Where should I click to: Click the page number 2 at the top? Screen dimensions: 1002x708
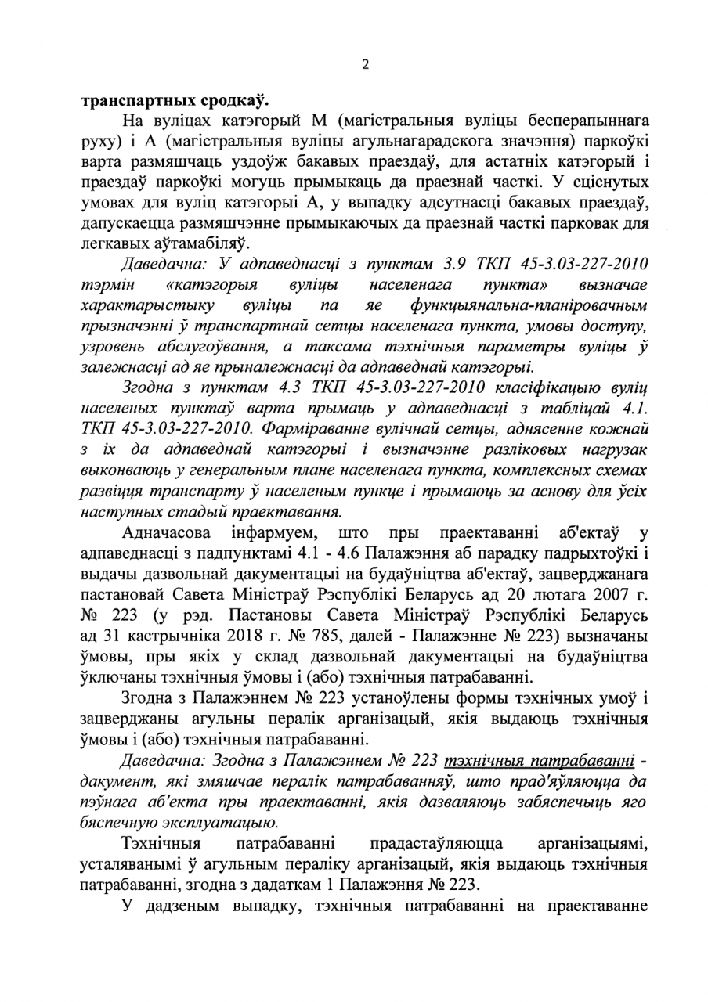click(364, 66)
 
